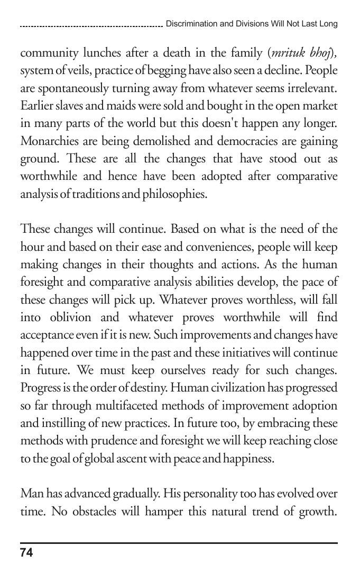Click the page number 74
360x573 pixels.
(x=26, y=553)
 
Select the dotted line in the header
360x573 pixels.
(x=90, y=25)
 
